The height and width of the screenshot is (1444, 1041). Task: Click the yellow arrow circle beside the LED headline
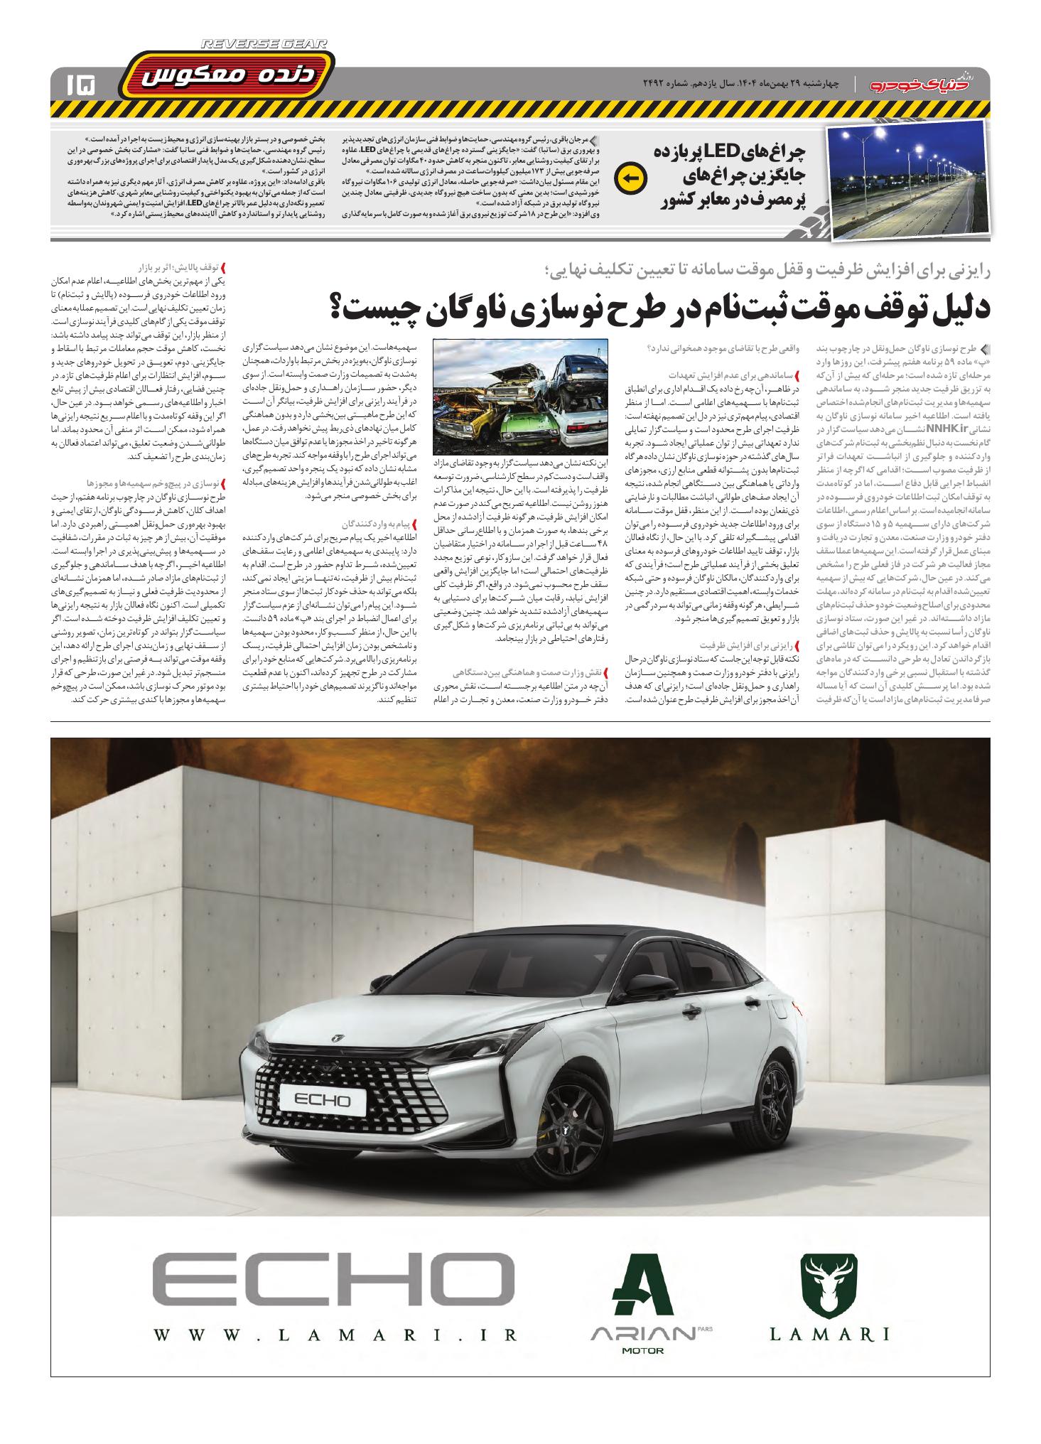630,179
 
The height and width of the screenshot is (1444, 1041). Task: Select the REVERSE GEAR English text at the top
264,44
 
